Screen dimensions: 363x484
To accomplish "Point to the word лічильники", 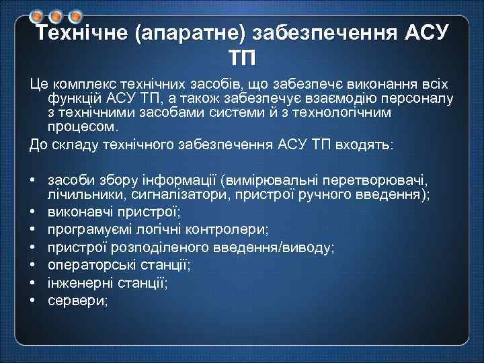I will [x=79, y=194].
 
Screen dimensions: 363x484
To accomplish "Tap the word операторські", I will [x=95, y=265].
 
